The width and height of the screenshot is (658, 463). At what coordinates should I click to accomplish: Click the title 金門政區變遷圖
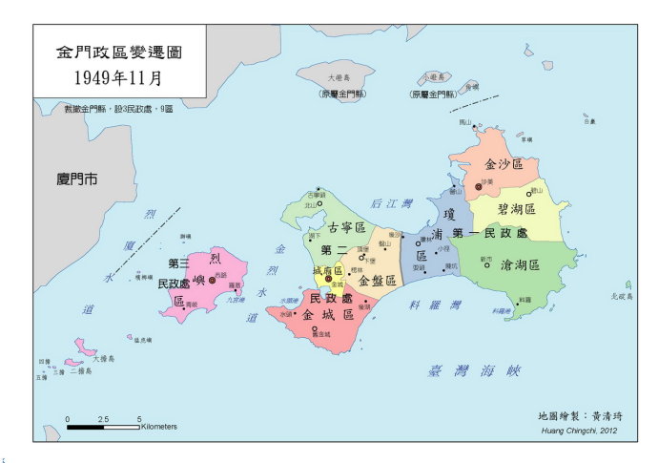(117, 52)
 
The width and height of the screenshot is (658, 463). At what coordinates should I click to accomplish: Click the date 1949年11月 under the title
(117, 77)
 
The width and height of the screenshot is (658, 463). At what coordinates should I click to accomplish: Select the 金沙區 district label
(504, 164)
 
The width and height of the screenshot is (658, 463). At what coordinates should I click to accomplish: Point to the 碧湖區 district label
(516, 208)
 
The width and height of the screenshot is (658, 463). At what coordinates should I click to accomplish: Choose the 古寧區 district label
(346, 228)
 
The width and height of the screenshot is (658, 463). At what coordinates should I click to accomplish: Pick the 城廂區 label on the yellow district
(327, 271)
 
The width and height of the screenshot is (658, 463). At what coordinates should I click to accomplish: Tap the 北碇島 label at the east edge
(622, 296)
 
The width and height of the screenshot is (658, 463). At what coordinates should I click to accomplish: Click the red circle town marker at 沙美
(479, 186)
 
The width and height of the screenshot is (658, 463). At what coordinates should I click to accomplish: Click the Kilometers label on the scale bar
(158, 427)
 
